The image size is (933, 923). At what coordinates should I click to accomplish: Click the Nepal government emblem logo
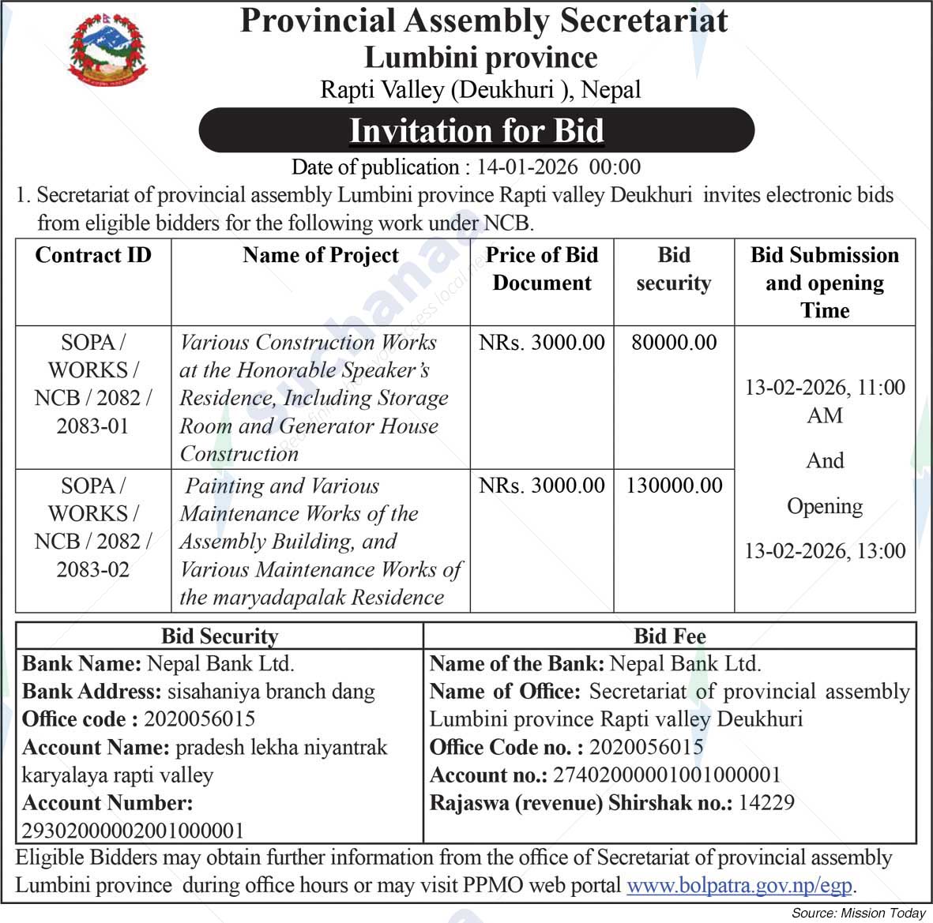coord(107,49)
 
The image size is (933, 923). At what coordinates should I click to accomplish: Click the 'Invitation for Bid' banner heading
coord(476,130)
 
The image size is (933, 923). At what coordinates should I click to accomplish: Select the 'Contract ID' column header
coord(93,255)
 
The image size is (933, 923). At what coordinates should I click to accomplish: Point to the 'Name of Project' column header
coord(321,255)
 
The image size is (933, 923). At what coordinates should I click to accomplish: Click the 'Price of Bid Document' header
coord(542,268)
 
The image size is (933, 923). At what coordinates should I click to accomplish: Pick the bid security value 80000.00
coord(674,342)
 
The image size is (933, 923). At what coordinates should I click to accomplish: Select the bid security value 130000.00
coord(674,485)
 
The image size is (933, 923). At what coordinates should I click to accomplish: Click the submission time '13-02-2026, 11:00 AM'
coord(825,400)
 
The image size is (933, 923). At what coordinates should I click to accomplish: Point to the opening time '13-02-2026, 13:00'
coord(825,550)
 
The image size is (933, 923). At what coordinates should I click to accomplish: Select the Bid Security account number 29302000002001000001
coord(133,831)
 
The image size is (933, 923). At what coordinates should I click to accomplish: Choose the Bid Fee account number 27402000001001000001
coord(667,775)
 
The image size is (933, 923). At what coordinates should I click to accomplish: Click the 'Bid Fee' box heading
coord(670,636)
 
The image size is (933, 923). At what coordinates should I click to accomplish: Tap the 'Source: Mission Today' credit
coord(858,913)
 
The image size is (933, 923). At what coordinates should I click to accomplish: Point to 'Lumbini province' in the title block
coord(480,58)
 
